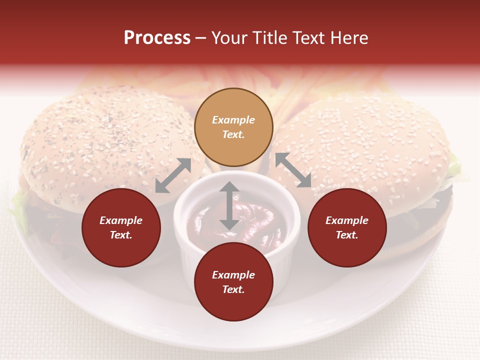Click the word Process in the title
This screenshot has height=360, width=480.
pos(157,38)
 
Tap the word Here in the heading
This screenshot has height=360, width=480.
pos(347,38)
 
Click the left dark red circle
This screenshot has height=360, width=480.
pos(121,227)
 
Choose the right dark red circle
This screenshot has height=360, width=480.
pos(347,227)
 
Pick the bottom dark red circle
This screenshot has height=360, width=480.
pos(233,282)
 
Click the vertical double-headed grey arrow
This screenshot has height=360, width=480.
pos(229,205)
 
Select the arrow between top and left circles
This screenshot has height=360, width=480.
pos(173,175)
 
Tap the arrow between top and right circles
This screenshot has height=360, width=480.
pos(293,170)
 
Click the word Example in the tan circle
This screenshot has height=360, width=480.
pos(233,120)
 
